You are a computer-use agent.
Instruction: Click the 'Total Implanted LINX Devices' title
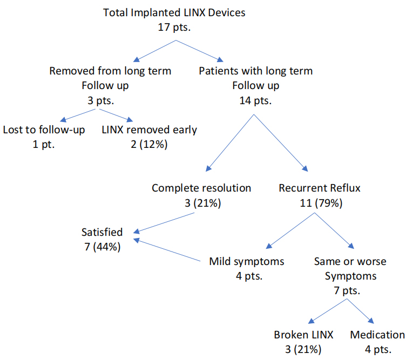174,12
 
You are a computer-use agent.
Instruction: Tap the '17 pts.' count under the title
174,27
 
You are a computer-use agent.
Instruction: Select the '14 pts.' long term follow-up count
255,100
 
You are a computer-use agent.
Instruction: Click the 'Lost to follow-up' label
44,130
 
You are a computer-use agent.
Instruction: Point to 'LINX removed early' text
150,130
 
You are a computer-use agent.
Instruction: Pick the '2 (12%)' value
149,144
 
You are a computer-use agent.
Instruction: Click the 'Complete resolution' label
201,188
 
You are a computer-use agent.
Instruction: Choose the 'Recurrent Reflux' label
320,188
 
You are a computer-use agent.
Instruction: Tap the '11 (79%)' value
321,203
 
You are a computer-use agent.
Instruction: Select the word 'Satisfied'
102,232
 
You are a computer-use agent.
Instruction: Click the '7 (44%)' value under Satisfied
102,247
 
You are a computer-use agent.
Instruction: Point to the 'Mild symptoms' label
247,262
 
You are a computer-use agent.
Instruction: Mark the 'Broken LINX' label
303,335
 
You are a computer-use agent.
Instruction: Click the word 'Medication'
377,335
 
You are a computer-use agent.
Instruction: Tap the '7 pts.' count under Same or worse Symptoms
347,290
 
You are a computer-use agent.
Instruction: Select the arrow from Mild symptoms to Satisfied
167,250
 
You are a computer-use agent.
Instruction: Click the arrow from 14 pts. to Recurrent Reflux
281,143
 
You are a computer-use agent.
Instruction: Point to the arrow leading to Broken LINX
327,311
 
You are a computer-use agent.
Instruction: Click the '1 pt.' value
44,144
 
